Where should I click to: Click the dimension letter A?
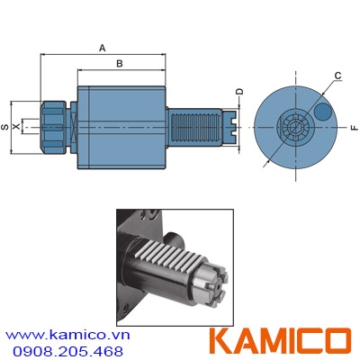click(102, 47)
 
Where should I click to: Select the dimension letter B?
click(121, 64)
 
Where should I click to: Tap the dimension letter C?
click(337, 75)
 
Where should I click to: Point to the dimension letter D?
click(239, 92)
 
